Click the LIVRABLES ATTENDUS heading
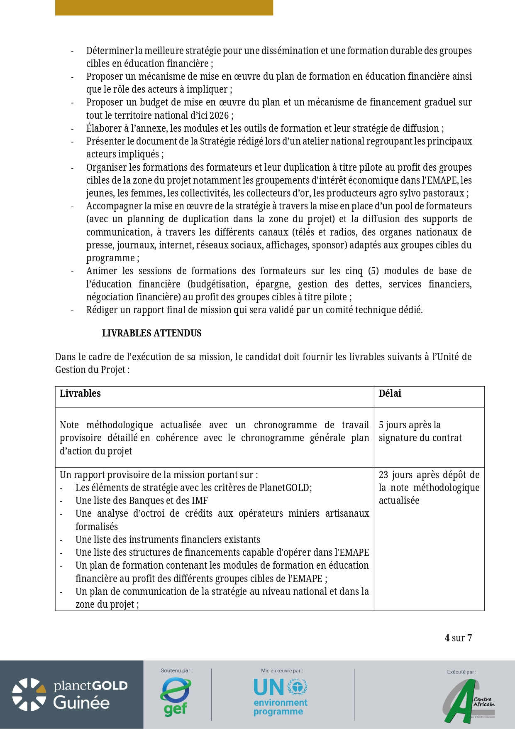pos(151,333)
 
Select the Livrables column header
pos(80,393)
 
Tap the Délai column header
pos(390,393)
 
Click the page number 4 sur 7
pos(458,638)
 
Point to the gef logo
pos(176,697)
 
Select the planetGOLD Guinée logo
pos(71,695)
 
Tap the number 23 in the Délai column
pos(383,475)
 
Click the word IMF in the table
pos(200,501)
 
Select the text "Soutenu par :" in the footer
pos(176,670)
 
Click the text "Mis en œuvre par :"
pos(282,670)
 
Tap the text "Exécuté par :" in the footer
pos(461,672)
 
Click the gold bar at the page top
pos(164,7)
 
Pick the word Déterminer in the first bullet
pos(109,51)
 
